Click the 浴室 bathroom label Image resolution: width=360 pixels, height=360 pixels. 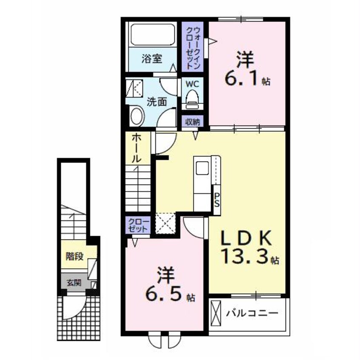point(152,59)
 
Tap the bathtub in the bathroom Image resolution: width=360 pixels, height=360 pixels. point(153,34)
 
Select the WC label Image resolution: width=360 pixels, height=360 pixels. point(192,84)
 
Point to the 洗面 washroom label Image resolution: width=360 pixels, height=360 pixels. point(157,102)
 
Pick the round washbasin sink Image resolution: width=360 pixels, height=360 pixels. point(137,116)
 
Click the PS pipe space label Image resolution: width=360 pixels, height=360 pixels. point(217,199)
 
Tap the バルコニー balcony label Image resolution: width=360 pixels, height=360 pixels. point(252,313)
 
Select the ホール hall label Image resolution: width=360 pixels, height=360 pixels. point(136,149)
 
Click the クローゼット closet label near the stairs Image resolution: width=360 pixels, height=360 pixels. point(138,225)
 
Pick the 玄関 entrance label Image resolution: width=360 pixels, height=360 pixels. point(74,283)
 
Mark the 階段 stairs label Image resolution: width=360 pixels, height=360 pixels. point(74,256)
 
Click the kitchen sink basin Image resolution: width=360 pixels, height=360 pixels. point(202,168)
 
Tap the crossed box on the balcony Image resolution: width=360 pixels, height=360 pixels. point(216,313)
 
